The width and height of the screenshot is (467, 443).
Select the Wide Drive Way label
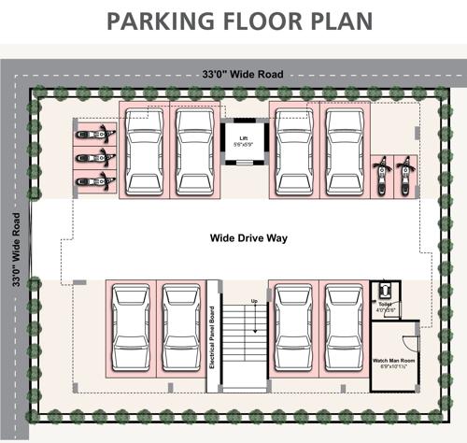click(248, 238)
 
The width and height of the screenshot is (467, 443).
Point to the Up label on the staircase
click(253, 301)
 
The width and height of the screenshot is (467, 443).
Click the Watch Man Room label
click(393, 360)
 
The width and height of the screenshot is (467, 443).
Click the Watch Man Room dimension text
click(393, 368)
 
